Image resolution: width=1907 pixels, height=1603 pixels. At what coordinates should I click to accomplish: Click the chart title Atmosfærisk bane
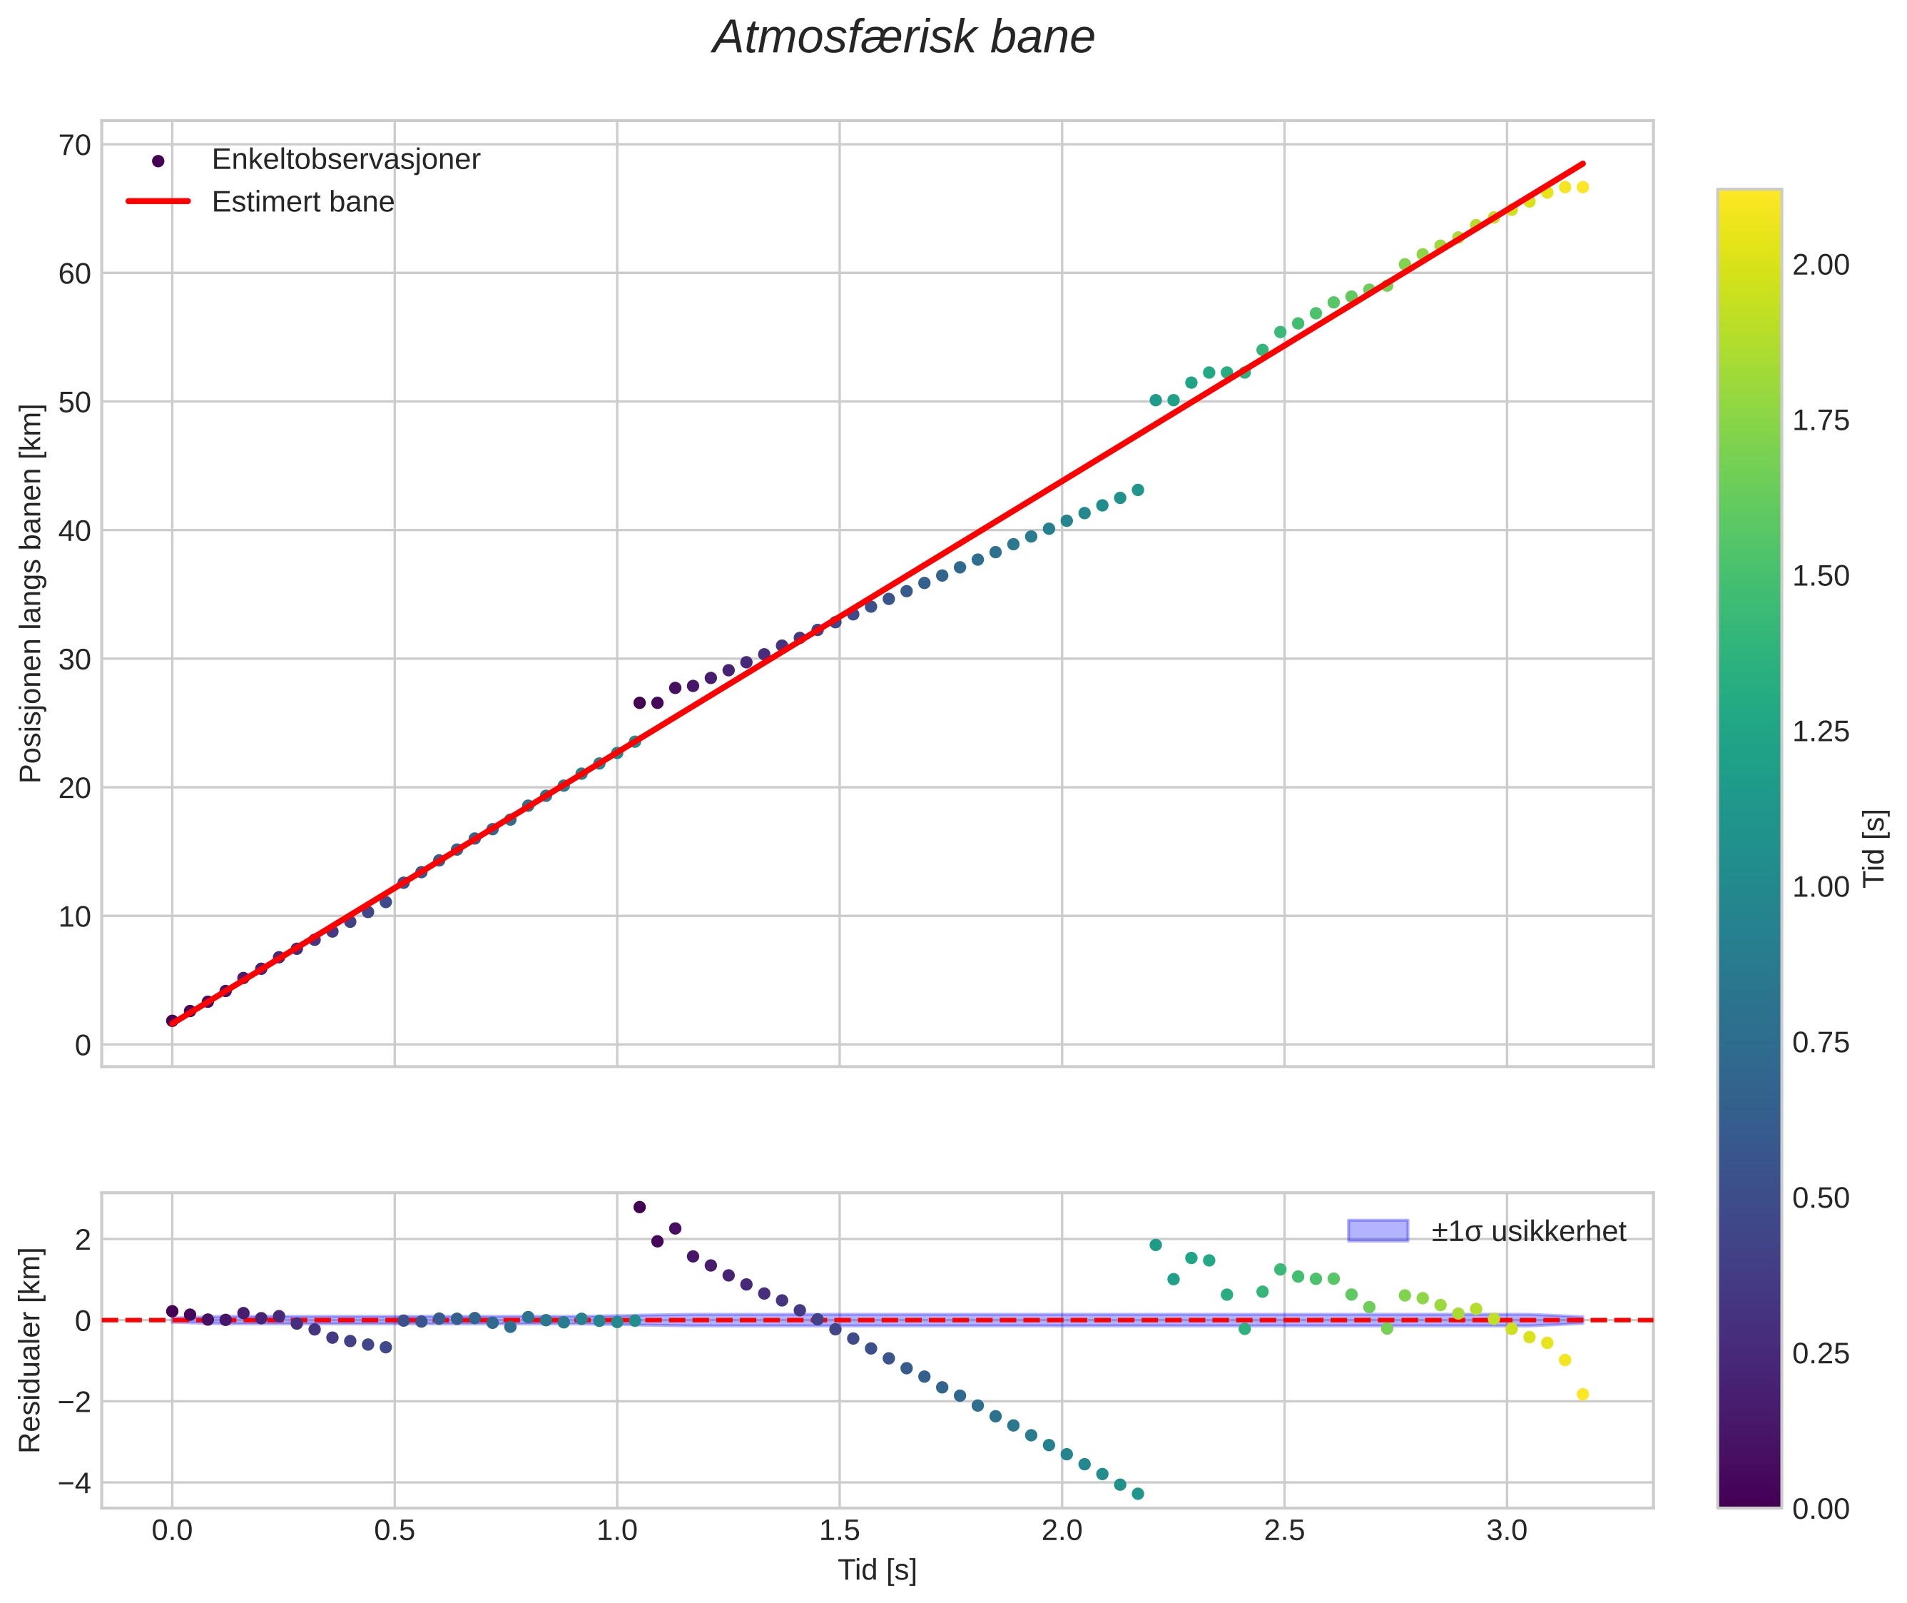click(903, 38)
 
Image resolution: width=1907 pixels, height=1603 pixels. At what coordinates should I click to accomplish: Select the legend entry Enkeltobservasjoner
click(345, 160)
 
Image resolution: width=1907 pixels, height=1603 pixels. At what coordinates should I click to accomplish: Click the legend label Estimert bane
click(302, 202)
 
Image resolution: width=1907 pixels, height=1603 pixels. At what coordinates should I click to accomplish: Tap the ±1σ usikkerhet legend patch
click(1378, 1231)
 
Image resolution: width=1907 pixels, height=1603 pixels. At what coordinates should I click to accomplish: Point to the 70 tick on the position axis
click(76, 146)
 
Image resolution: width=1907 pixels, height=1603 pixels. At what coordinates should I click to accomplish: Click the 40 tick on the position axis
click(76, 531)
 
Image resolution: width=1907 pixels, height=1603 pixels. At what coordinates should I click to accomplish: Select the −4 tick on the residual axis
click(72, 1483)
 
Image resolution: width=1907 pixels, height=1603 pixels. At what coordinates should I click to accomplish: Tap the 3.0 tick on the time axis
click(1506, 1531)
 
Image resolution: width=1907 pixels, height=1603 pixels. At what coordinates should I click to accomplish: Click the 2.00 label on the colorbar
click(1821, 266)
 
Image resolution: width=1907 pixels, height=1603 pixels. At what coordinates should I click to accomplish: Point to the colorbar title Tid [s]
click(1875, 848)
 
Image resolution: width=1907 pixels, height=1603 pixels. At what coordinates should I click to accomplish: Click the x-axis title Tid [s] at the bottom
click(877, 1570)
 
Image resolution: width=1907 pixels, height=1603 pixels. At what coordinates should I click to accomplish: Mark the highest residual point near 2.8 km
click(640, 1208)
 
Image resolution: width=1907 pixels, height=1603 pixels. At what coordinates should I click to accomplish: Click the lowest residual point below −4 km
click(1137, 1494)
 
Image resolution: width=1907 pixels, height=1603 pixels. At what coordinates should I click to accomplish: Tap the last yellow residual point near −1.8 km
click(1582, 1395)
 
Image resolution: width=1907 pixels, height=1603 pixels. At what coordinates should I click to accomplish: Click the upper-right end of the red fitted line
click(1584, 163)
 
